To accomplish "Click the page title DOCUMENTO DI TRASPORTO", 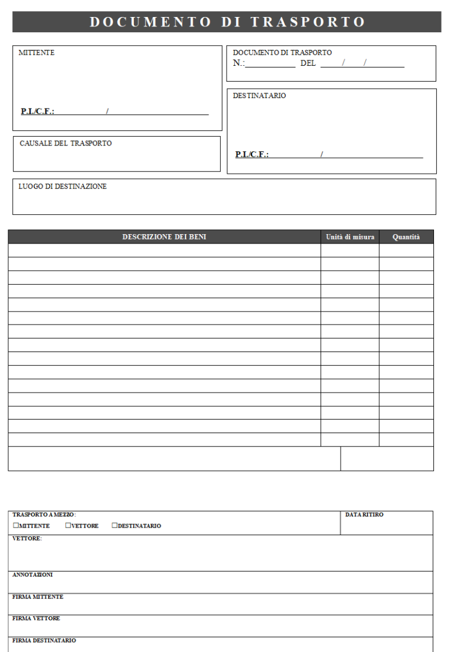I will coord(227,22).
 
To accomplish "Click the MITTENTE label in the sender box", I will coord(36,53).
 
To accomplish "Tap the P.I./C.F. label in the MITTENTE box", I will coord(38,111).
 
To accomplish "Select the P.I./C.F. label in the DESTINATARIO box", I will coord(252,154).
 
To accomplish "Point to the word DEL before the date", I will coord(308,63).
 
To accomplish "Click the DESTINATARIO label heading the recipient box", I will coord(259,96).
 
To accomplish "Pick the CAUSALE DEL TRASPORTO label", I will coord(65,143).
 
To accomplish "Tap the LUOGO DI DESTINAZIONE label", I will coord(62,187).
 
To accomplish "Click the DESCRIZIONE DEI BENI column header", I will coord(164,237).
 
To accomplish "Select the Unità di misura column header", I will coord(350,237).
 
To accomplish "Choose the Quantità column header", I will coord(406,237).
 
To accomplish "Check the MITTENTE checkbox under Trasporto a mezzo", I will coord(16,526).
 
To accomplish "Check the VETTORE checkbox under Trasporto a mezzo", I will coord(68,526).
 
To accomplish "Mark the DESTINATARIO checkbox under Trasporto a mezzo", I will coord(115,526).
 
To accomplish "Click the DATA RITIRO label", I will coord(364,515).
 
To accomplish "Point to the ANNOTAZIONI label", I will coord(32,575).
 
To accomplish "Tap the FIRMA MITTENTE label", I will coord(38,597).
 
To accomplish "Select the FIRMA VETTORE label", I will coord(36,619).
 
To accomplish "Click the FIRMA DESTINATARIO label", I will coord(44,640).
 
